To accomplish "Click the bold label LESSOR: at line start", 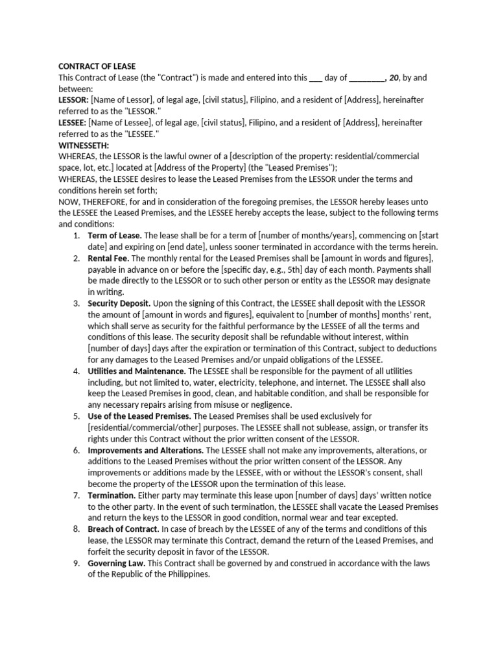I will click(x=73, y=100).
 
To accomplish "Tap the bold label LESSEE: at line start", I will click(x=73, y=122).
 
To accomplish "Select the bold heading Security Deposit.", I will click(x=119, y=303).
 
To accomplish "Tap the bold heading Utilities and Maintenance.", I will click(x=136, y=371).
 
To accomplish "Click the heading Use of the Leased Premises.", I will click(x=139, y=416).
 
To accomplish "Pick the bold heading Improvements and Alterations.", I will click(x=146, y=450).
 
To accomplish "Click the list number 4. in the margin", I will click(x=77, y=371).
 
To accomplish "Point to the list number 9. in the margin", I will click(x=77, y=562).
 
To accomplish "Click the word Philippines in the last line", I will click(x=189, y=574).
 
